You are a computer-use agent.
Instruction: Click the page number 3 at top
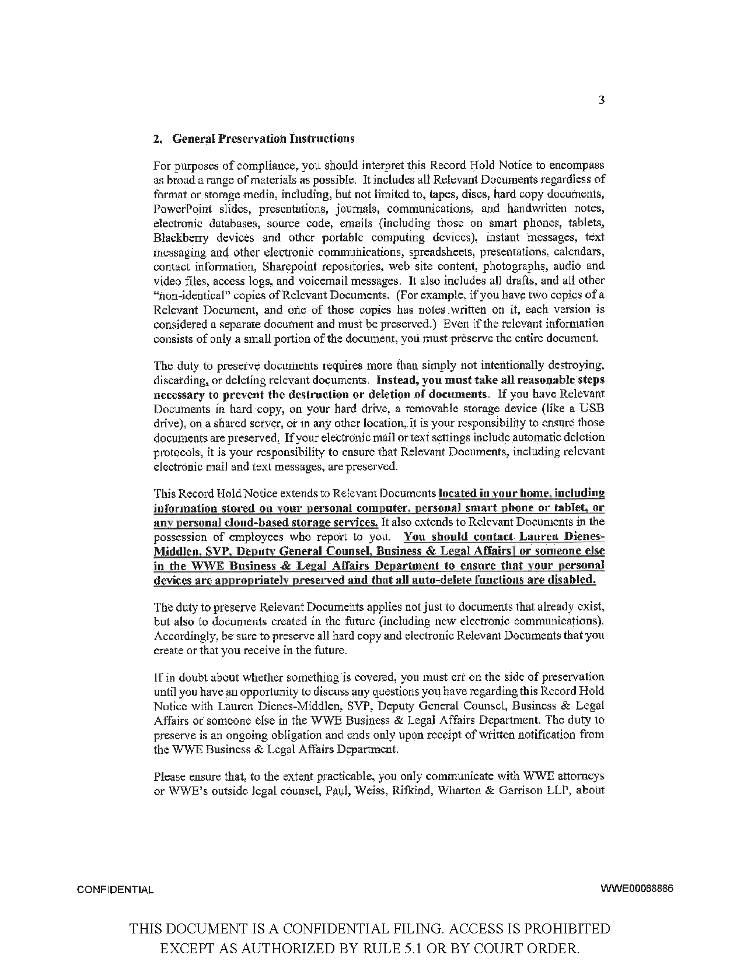click(602, 100)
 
